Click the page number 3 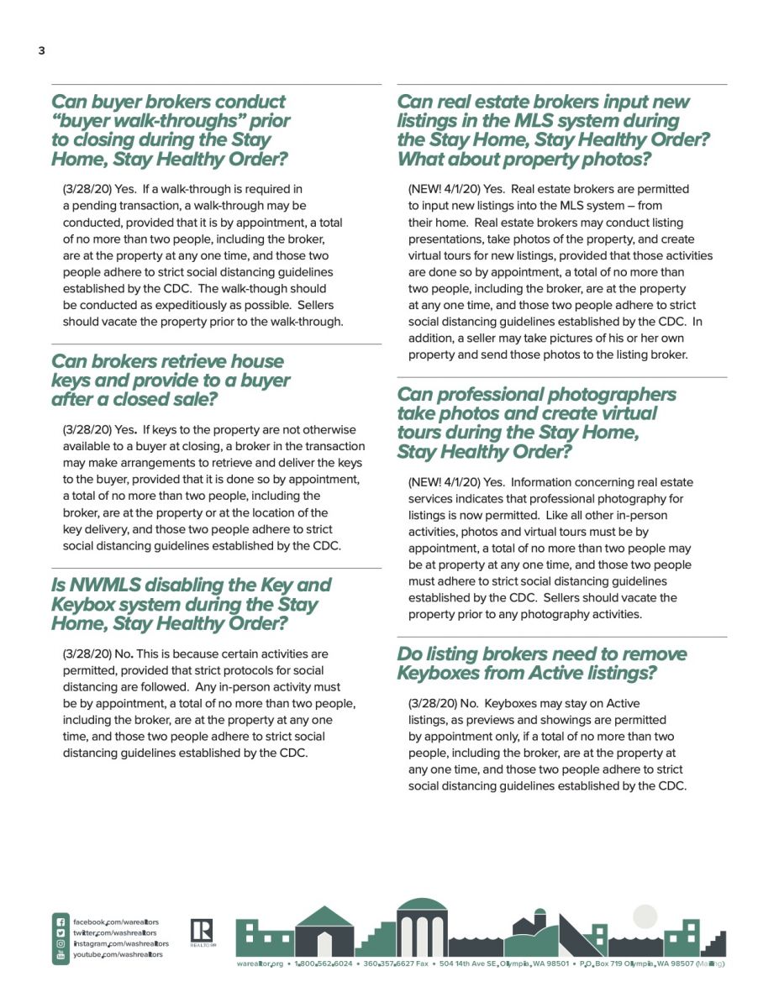coord(41,51)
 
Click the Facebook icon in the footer coord(61,922)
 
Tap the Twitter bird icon coord(61,933)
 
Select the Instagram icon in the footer coord(61,944)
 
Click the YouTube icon coord(61,955)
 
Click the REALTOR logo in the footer coord(202,932)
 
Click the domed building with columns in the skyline coord(422,927)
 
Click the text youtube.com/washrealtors coord(118,955)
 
